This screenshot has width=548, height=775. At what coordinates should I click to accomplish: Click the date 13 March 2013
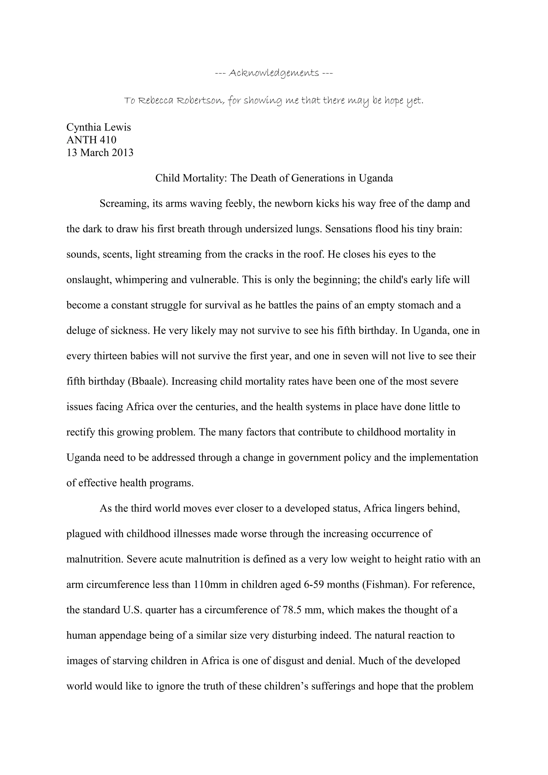click(100, 153)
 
